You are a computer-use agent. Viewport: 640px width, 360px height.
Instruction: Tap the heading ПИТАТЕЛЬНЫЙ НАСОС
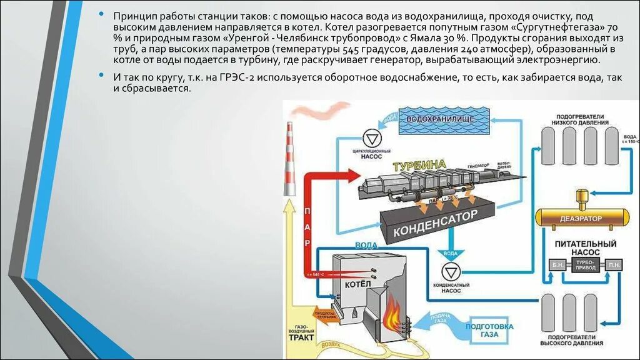(581, 247)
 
